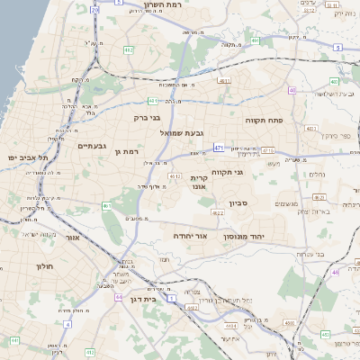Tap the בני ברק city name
(x=147, y=116)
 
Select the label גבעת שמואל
(x=184, y=133)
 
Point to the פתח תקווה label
(x=264, y=119)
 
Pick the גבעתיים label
(x=94, y=146)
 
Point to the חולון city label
(x=46, y=267)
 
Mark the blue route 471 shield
(x=219, y=146)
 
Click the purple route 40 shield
(x=292, y=91)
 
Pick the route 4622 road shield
(x=218, y=213)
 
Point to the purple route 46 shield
(x=335, y=270)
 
